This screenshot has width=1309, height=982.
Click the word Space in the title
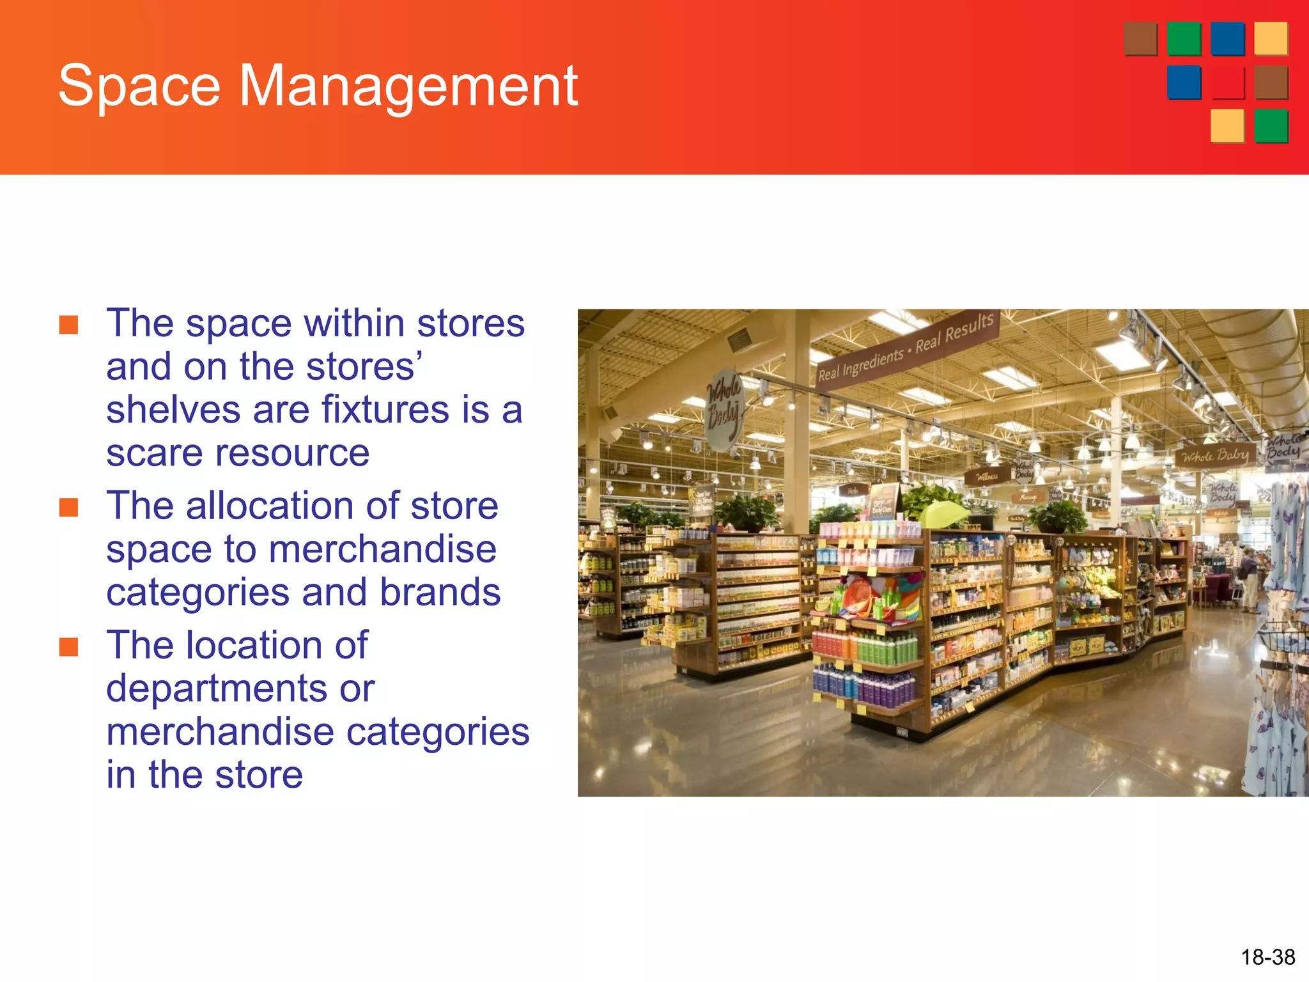[139, 86]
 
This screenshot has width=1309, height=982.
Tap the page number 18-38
[1267, 957]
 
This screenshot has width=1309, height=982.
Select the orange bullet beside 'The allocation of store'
[68, 508]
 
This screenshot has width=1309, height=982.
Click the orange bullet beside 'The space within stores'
[68, 325]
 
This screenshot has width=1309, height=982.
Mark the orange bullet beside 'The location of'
[68, 647]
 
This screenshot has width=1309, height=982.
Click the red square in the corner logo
[1227, 82]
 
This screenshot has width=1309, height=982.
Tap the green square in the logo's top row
[1184, 39]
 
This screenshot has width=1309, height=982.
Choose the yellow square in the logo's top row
[1270, 39]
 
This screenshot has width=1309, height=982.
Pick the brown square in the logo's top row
[1140, 39]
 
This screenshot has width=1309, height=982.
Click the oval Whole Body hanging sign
[725, 409]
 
